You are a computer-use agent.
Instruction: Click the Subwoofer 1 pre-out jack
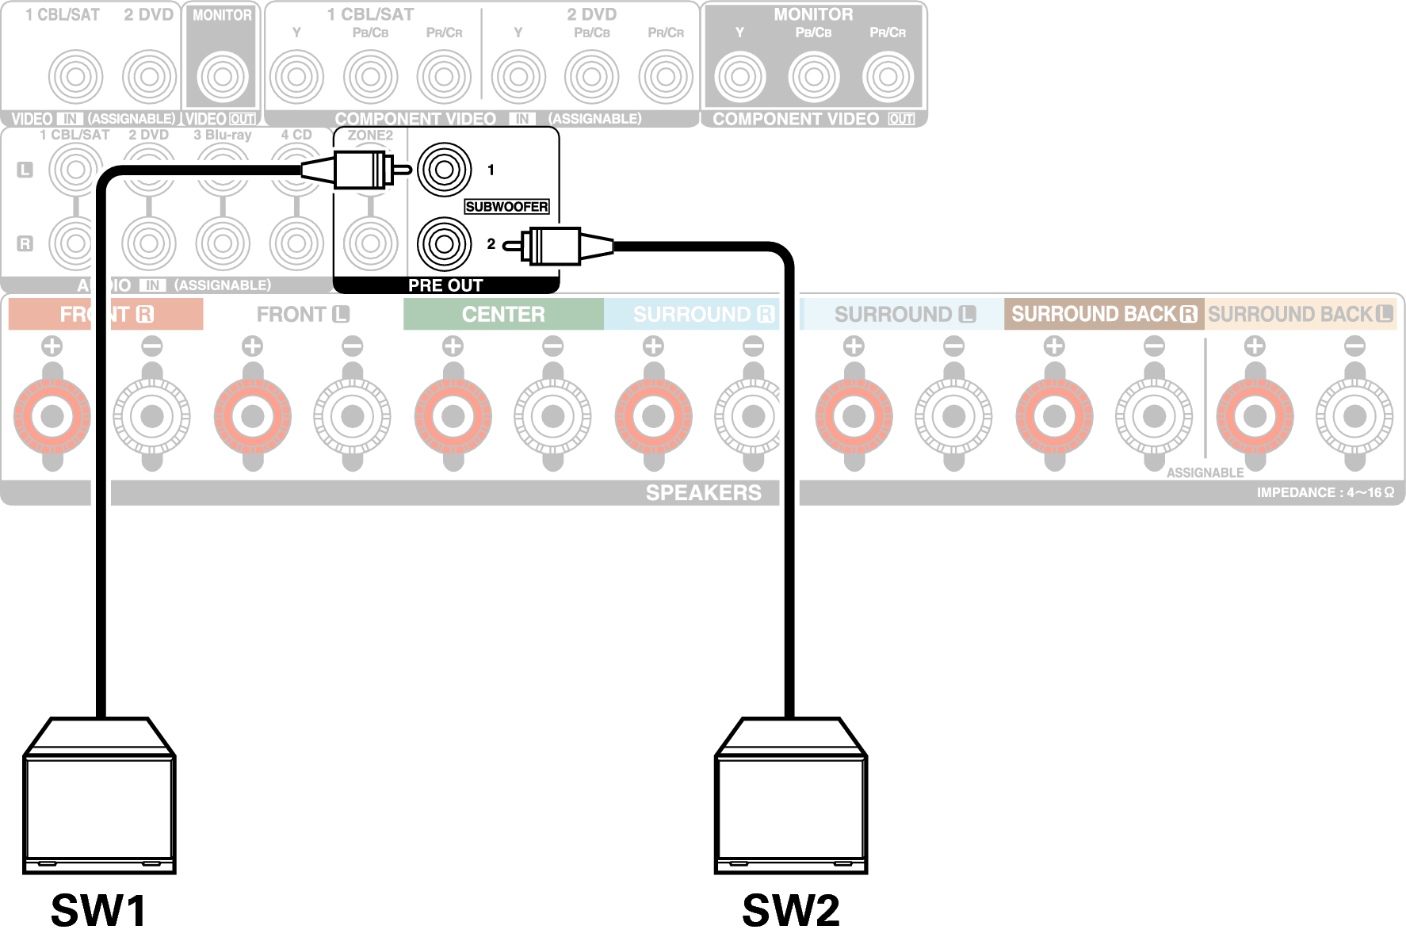click(x=444, y=170)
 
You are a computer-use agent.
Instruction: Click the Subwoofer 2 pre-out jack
click(x=444, y=243)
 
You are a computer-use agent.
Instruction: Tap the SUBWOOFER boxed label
click(x=506, y=207)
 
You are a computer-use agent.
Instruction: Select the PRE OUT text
click(x=445, y=285)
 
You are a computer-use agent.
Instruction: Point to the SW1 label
click(x=99, y=910)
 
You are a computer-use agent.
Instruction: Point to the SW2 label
click(x=790, y=910)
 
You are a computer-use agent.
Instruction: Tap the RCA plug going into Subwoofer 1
click(x=361, y=170)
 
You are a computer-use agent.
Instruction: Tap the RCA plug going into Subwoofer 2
click(x=555, y=245)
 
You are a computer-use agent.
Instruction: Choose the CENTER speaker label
click(x=503, y=315)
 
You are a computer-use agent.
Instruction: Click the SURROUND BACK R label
click(x=1103, y=315)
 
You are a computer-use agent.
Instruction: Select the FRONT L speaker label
click(x=303, y=315)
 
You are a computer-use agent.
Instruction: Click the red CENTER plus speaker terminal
click(x=453, y=416)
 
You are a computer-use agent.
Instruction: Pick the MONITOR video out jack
click(x=223, y=77)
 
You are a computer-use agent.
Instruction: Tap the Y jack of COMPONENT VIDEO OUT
click(x=739, y=77)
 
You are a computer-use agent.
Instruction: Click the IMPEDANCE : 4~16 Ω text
click(x=1324, y=493)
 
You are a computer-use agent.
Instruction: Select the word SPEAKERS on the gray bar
click(x=703, y=493)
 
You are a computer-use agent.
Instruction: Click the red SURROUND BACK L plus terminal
click(x=1255, y=416)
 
